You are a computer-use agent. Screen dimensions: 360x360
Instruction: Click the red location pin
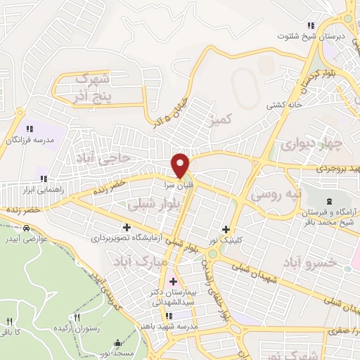[181, 165]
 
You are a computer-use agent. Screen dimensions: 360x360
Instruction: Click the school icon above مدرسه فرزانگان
[30, 129]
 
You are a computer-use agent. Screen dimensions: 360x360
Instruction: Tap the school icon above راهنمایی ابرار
[44, 179]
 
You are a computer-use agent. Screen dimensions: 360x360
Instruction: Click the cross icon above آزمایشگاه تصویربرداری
[127, 227]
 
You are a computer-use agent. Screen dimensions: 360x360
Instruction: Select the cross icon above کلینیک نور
[226, 229]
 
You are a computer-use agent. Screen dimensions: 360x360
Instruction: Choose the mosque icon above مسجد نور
[117, 344]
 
